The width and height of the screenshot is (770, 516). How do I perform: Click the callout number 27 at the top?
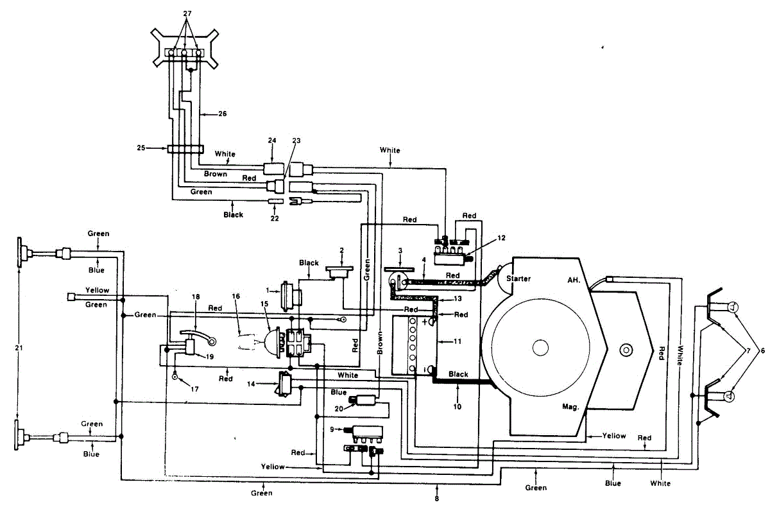[187, 13]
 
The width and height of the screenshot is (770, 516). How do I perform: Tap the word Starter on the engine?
[518, 279]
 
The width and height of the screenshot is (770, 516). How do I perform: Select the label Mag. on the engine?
[570, 407]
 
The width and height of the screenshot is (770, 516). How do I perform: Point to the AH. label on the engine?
[574, 280]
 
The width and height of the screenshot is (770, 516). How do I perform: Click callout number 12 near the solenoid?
[501, 238]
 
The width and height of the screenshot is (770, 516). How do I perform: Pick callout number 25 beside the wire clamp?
[141, 148]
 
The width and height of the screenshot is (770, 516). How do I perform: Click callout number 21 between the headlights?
[19, 348]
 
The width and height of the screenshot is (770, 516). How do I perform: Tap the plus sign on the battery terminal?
[425, 322]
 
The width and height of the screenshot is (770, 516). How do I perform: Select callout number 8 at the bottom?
[436, 499]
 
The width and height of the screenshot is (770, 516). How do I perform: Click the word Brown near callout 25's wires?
[216, 174]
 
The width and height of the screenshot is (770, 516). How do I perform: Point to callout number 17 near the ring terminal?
[194, 389]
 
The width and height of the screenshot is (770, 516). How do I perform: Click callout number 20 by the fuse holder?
[339, 409]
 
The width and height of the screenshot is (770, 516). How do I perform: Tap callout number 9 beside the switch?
[332, 429]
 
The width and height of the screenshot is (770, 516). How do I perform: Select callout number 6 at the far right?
[762, 350]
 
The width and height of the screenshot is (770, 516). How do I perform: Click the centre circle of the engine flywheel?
[540, 348]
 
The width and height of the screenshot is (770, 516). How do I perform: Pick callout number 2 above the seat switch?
[341, 250]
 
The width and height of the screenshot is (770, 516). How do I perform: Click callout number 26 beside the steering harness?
[223, 114]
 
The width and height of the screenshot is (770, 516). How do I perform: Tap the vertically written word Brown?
[380, 343]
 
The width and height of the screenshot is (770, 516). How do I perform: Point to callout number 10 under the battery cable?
[457, 407]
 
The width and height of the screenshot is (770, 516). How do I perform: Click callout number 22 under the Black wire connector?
[275, 218]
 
